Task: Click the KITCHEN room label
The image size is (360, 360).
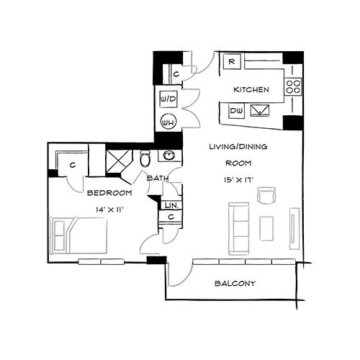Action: tap(251, 90)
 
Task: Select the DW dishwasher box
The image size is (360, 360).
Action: tap(235, 110)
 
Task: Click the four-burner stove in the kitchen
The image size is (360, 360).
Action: tap(293, 87)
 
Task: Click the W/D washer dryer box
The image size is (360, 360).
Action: tap(168, 97)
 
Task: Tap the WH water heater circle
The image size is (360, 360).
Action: tap(168, 122)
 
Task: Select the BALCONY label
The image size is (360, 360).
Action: tap(235, 283)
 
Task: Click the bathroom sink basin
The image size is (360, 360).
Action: tap(169, 155)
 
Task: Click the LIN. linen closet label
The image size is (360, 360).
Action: tap(171, 205)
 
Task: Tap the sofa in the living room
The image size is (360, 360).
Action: tap(238, 228)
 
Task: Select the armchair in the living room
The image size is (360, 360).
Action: tap(266, 196)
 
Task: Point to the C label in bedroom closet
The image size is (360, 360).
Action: tap(74, 165)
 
